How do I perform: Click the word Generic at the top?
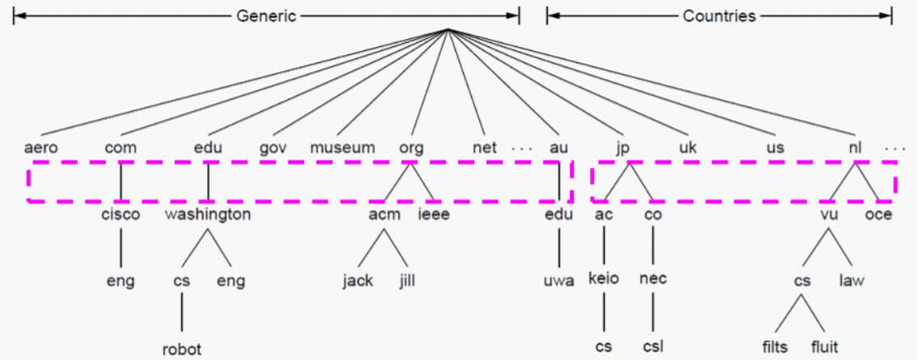click(267, 15)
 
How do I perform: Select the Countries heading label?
click(720, 15)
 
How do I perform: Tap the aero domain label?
click(41, 148)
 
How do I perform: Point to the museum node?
click(343, 148)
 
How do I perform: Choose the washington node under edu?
click(208, 214)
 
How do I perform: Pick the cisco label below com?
click(121, 214)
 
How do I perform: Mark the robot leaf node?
click(181, 349)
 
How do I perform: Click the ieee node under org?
click(434, 214)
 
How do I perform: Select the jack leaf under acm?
click(358, 282)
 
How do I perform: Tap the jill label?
click(406, 282)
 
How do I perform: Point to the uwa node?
click(558, 282)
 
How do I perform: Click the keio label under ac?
click(604, 278)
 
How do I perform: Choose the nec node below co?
click(652, 278)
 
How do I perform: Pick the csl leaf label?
click(652, 347)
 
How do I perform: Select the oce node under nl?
click(878, 214)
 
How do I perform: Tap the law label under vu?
click(851, 282)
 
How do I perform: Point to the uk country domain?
click(688, 148)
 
